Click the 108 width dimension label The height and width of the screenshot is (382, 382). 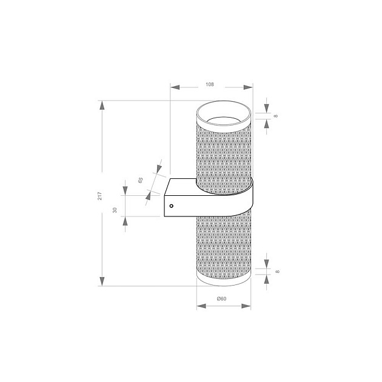tap(210, 84)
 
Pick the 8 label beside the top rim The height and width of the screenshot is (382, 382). tap(276, 115)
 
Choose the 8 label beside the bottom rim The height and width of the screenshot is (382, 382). tap(276, 272)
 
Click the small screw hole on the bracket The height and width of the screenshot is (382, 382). tap(171, 206)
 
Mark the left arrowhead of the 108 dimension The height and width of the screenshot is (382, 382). tap(176, 87)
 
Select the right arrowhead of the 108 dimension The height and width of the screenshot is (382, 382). tap(247, 87)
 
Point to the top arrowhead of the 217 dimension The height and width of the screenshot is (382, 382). tap(102, 106)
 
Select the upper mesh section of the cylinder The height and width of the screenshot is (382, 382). tap(224, 152)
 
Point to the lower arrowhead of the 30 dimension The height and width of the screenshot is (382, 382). tap(126, 221)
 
